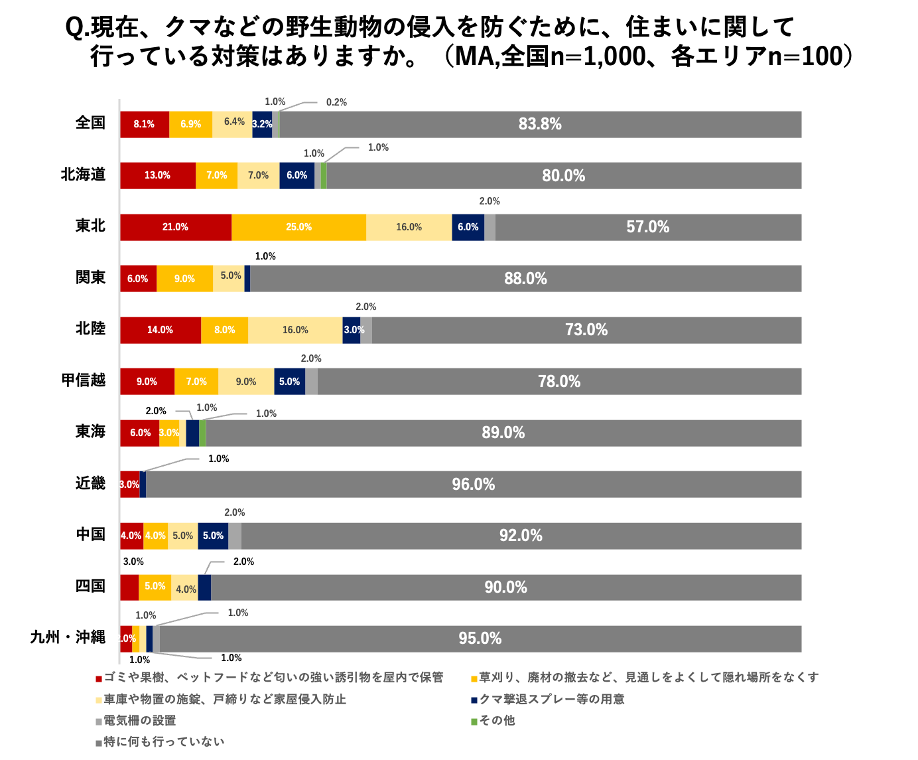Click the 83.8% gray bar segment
540,124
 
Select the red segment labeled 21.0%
175,227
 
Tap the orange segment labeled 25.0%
298,227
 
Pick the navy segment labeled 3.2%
262,124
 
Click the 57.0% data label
647,227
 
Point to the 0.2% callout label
336,102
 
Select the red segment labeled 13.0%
157,175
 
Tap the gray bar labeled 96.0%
474,485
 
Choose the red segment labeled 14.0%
160,330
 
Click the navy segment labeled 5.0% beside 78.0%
289,382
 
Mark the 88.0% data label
525,279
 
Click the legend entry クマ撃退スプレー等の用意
552,699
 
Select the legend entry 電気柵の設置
140,720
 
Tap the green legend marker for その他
474,721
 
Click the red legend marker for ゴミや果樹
99,678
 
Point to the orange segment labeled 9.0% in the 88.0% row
184,279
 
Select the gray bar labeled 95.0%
480,639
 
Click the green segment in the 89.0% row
202,433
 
